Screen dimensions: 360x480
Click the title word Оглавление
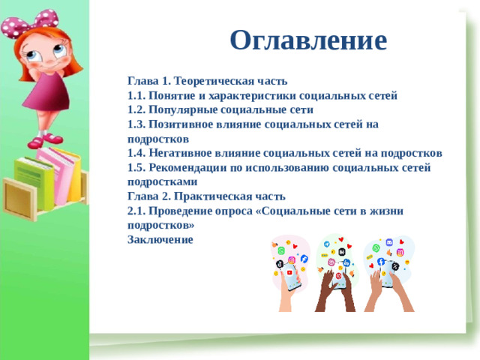click(308, 40)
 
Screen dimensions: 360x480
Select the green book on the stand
click(34, 179)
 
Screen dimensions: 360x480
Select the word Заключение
click(160, 239)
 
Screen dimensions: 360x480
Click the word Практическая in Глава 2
click(207, 196)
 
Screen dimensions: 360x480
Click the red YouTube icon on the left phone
click(289, 272)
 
